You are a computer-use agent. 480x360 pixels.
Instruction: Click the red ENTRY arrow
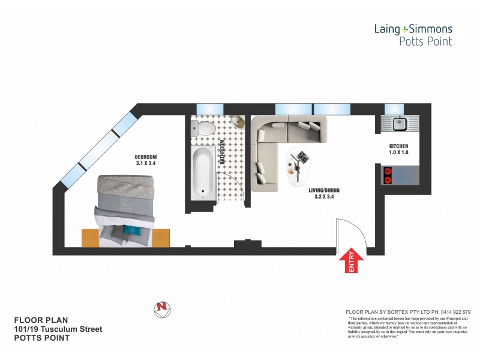(352, 262)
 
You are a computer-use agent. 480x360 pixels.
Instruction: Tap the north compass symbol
(161, 308)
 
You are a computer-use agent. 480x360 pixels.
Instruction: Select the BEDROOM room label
(145, 157)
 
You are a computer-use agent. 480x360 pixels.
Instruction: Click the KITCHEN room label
(398, 146)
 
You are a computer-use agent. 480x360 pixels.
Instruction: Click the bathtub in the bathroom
(202, 175)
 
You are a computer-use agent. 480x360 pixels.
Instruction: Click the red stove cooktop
(387, 175)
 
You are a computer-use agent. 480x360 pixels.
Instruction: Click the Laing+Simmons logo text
(413, 28)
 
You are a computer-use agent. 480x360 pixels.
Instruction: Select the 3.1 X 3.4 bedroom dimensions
(145, 164)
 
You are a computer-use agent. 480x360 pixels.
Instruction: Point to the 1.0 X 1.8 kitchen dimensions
(398, 152)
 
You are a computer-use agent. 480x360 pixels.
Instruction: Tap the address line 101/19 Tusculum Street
(58, 329)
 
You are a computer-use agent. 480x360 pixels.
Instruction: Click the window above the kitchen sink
(394, 108)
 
